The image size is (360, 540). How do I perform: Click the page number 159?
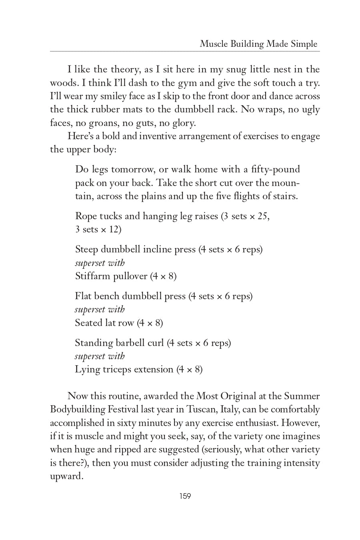(x=185, y=496)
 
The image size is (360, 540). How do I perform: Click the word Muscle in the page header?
(x=214, y=44)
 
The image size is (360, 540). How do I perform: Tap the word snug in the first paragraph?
(x=236, y=69)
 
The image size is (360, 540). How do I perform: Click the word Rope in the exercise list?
(x=86, y=216)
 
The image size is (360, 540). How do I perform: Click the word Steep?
(x=87, y=249)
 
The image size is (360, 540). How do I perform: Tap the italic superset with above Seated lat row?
(x=100, y=309)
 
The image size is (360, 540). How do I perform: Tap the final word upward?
(x=66, y=476)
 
